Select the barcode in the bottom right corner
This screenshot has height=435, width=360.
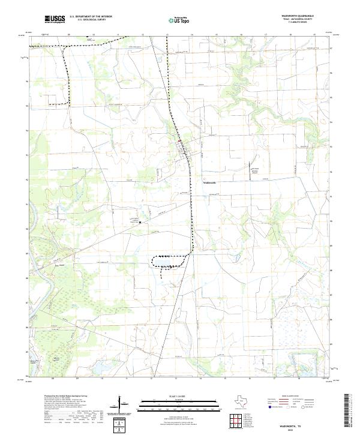coord(351,413)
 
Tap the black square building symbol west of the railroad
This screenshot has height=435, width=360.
coord(140,222)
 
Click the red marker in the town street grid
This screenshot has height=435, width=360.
coord(187,142)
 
